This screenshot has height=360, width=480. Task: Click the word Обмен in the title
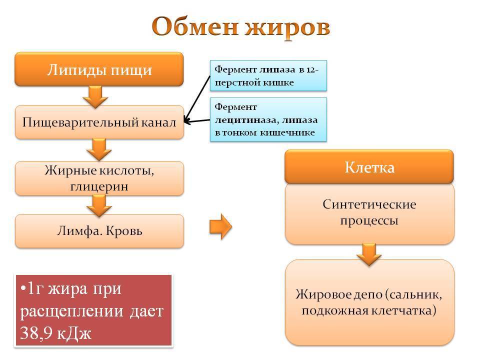(x=195, y=26)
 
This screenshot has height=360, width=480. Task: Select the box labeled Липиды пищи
(x=99, y=69)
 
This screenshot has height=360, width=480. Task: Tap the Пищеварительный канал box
(x=99, y=122)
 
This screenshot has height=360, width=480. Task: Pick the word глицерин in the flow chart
(x=99, y=186)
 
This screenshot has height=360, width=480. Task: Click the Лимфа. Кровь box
(x=99, y=231)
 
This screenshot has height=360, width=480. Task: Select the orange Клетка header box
(x=369, y=167)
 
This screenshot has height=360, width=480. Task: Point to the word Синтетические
(x=369, y=204)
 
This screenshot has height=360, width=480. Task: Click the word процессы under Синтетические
(x=369, y=220)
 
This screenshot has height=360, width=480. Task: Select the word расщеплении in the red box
(x=72, y=311)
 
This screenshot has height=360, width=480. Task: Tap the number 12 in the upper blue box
(x=311, y=69)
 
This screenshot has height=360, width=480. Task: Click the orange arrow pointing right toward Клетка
(x=220, y=226)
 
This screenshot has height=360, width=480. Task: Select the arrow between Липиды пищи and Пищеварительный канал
(x=95, y=96)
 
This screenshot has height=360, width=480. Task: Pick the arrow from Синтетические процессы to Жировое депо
(x=369, y=254)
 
